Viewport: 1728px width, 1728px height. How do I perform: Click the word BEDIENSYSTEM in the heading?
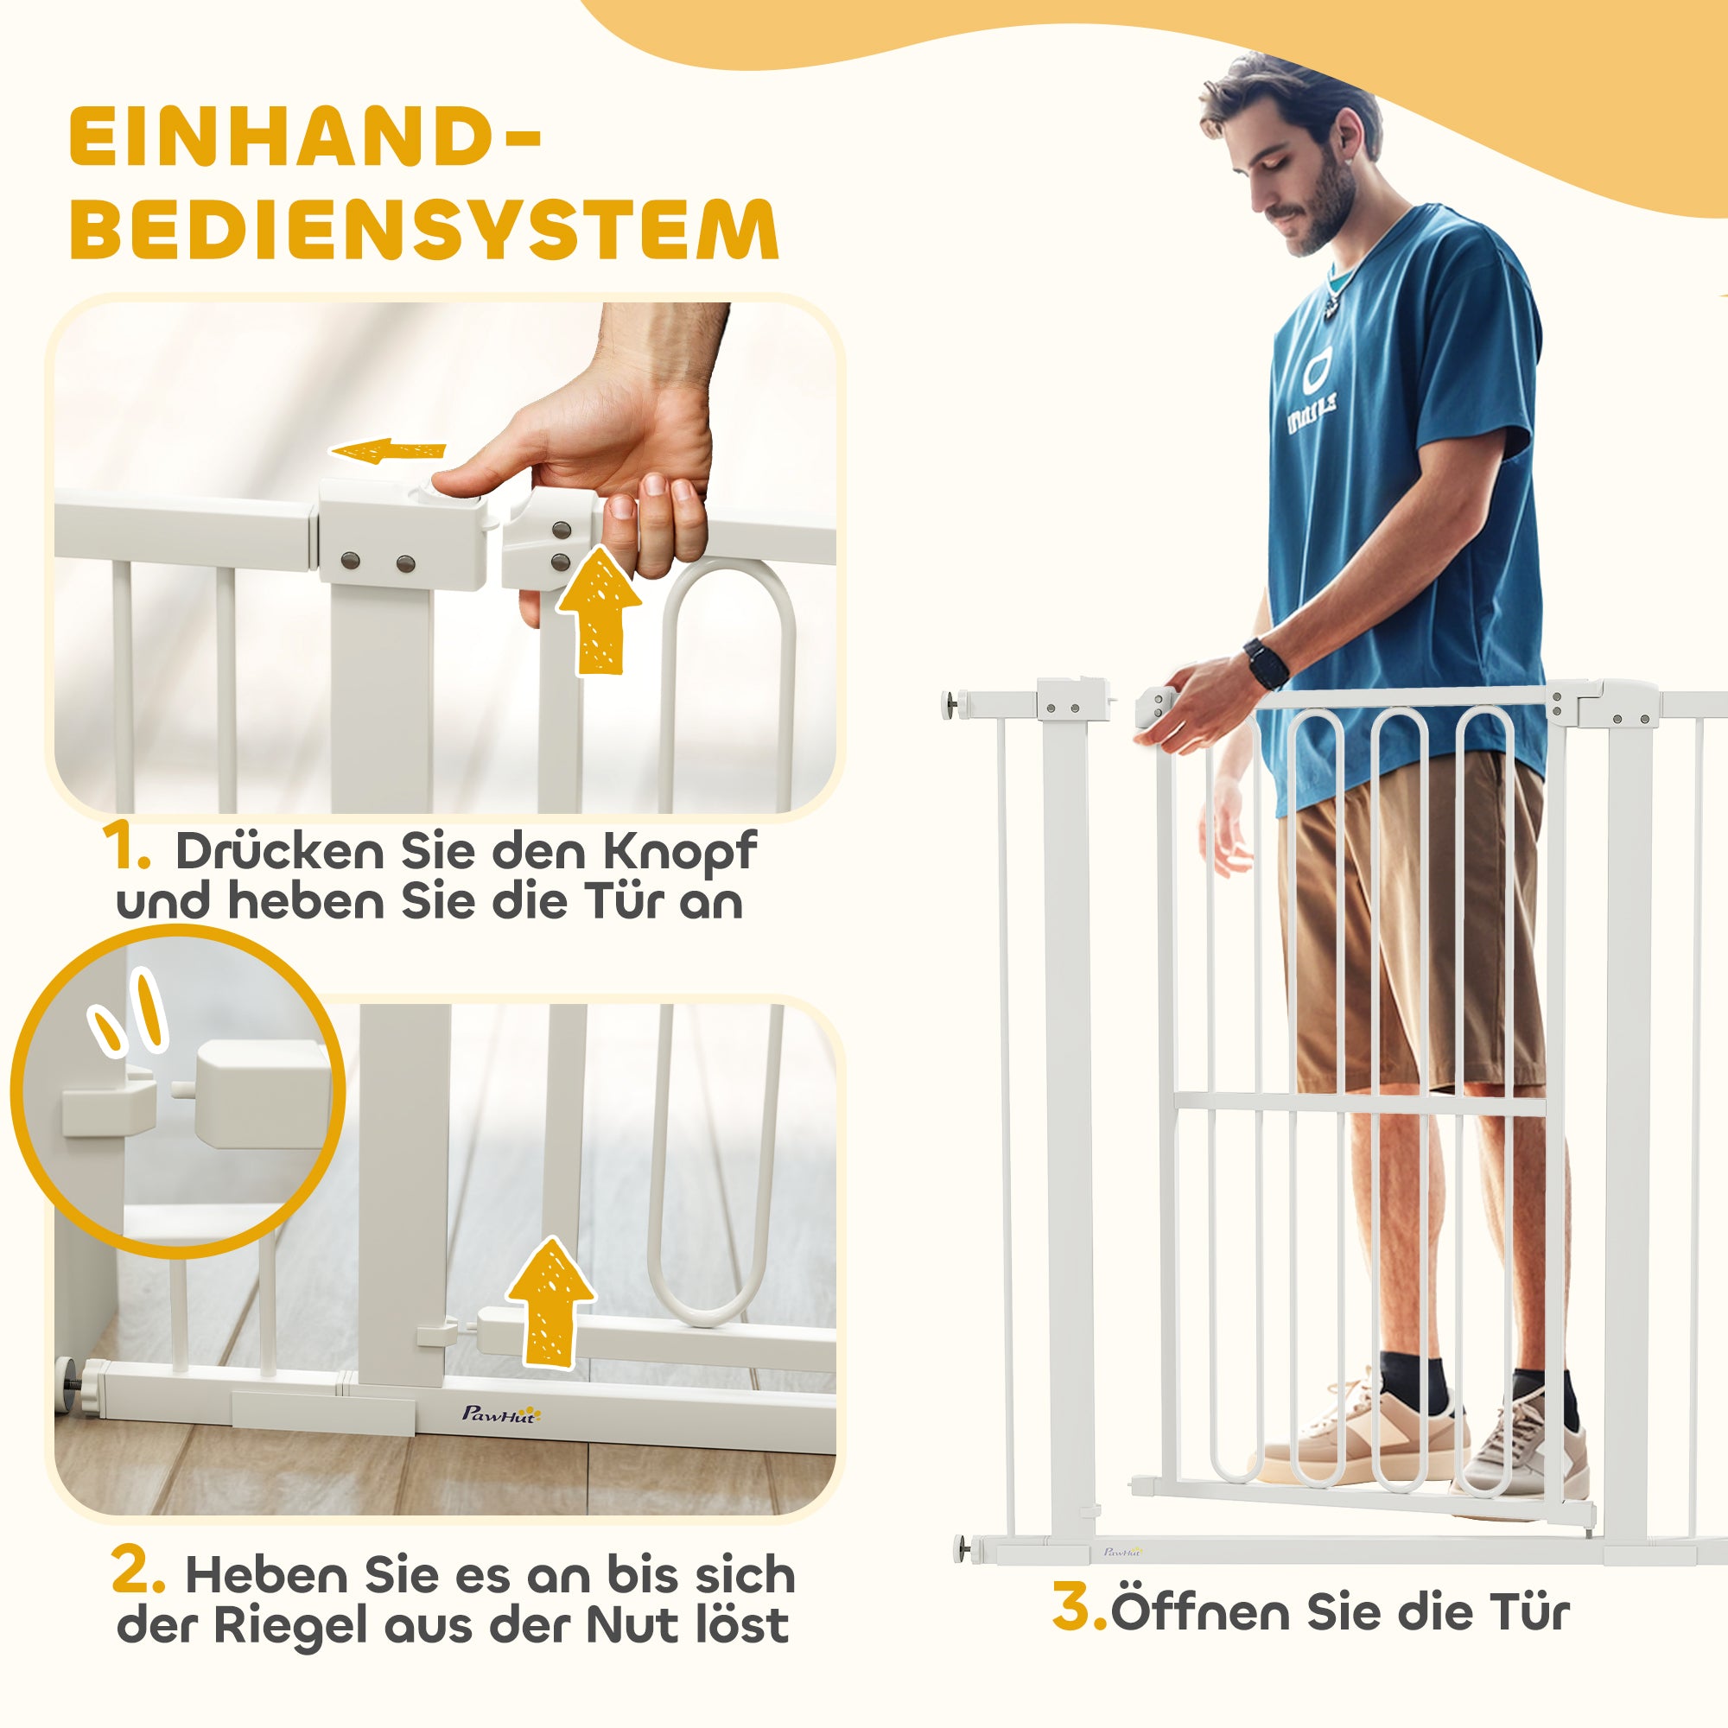(x=424, y=230)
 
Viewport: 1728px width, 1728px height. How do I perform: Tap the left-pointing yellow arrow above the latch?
(x=390, y=452)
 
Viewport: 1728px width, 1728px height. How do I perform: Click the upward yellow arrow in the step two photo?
(x=550, y=1301)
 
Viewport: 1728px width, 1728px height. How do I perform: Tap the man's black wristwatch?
(x=1267, y=664)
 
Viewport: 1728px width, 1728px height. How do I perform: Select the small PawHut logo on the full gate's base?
(x=1122, y=1552)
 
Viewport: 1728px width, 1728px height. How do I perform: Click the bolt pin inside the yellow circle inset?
(x=179, y=1090)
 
